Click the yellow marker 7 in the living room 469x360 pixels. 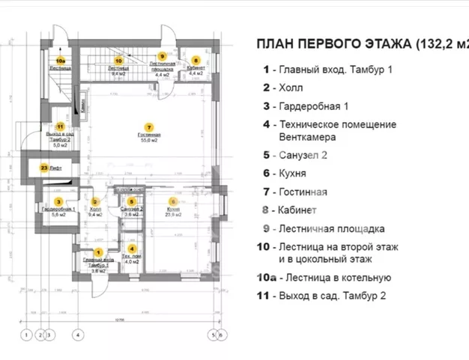(x=149, y=127)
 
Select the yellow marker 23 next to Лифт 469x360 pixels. (x=44, y=168)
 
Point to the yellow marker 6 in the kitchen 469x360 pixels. (x=172, y=201)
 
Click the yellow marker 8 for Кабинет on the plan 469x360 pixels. (x=196, y=59)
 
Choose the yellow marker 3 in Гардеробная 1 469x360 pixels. (x=58, y=201)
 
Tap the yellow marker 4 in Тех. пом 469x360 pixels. (x=132, y=248)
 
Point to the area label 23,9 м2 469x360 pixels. (x=172, y=214)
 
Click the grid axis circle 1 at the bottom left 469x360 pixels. (x=25, y=335)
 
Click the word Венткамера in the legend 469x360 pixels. (x=308, y=138)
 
